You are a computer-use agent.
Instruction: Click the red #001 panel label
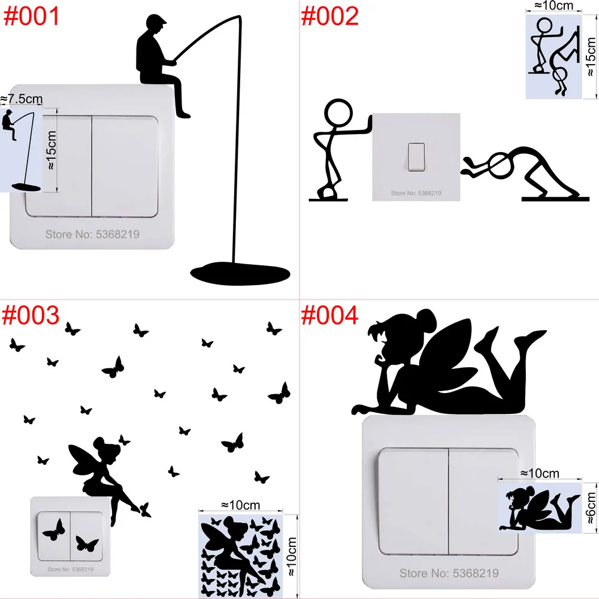32,16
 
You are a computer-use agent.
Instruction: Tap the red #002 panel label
329,16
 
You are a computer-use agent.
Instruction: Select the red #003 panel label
32,315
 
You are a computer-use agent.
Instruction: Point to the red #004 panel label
329,315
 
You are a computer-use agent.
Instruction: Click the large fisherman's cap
155,24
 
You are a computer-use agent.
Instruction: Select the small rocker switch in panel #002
415,157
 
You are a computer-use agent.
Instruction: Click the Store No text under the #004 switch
449,573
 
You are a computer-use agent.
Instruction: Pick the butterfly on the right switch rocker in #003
87,544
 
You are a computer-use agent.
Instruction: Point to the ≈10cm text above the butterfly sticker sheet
240,504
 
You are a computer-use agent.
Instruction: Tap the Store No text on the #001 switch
92,234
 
